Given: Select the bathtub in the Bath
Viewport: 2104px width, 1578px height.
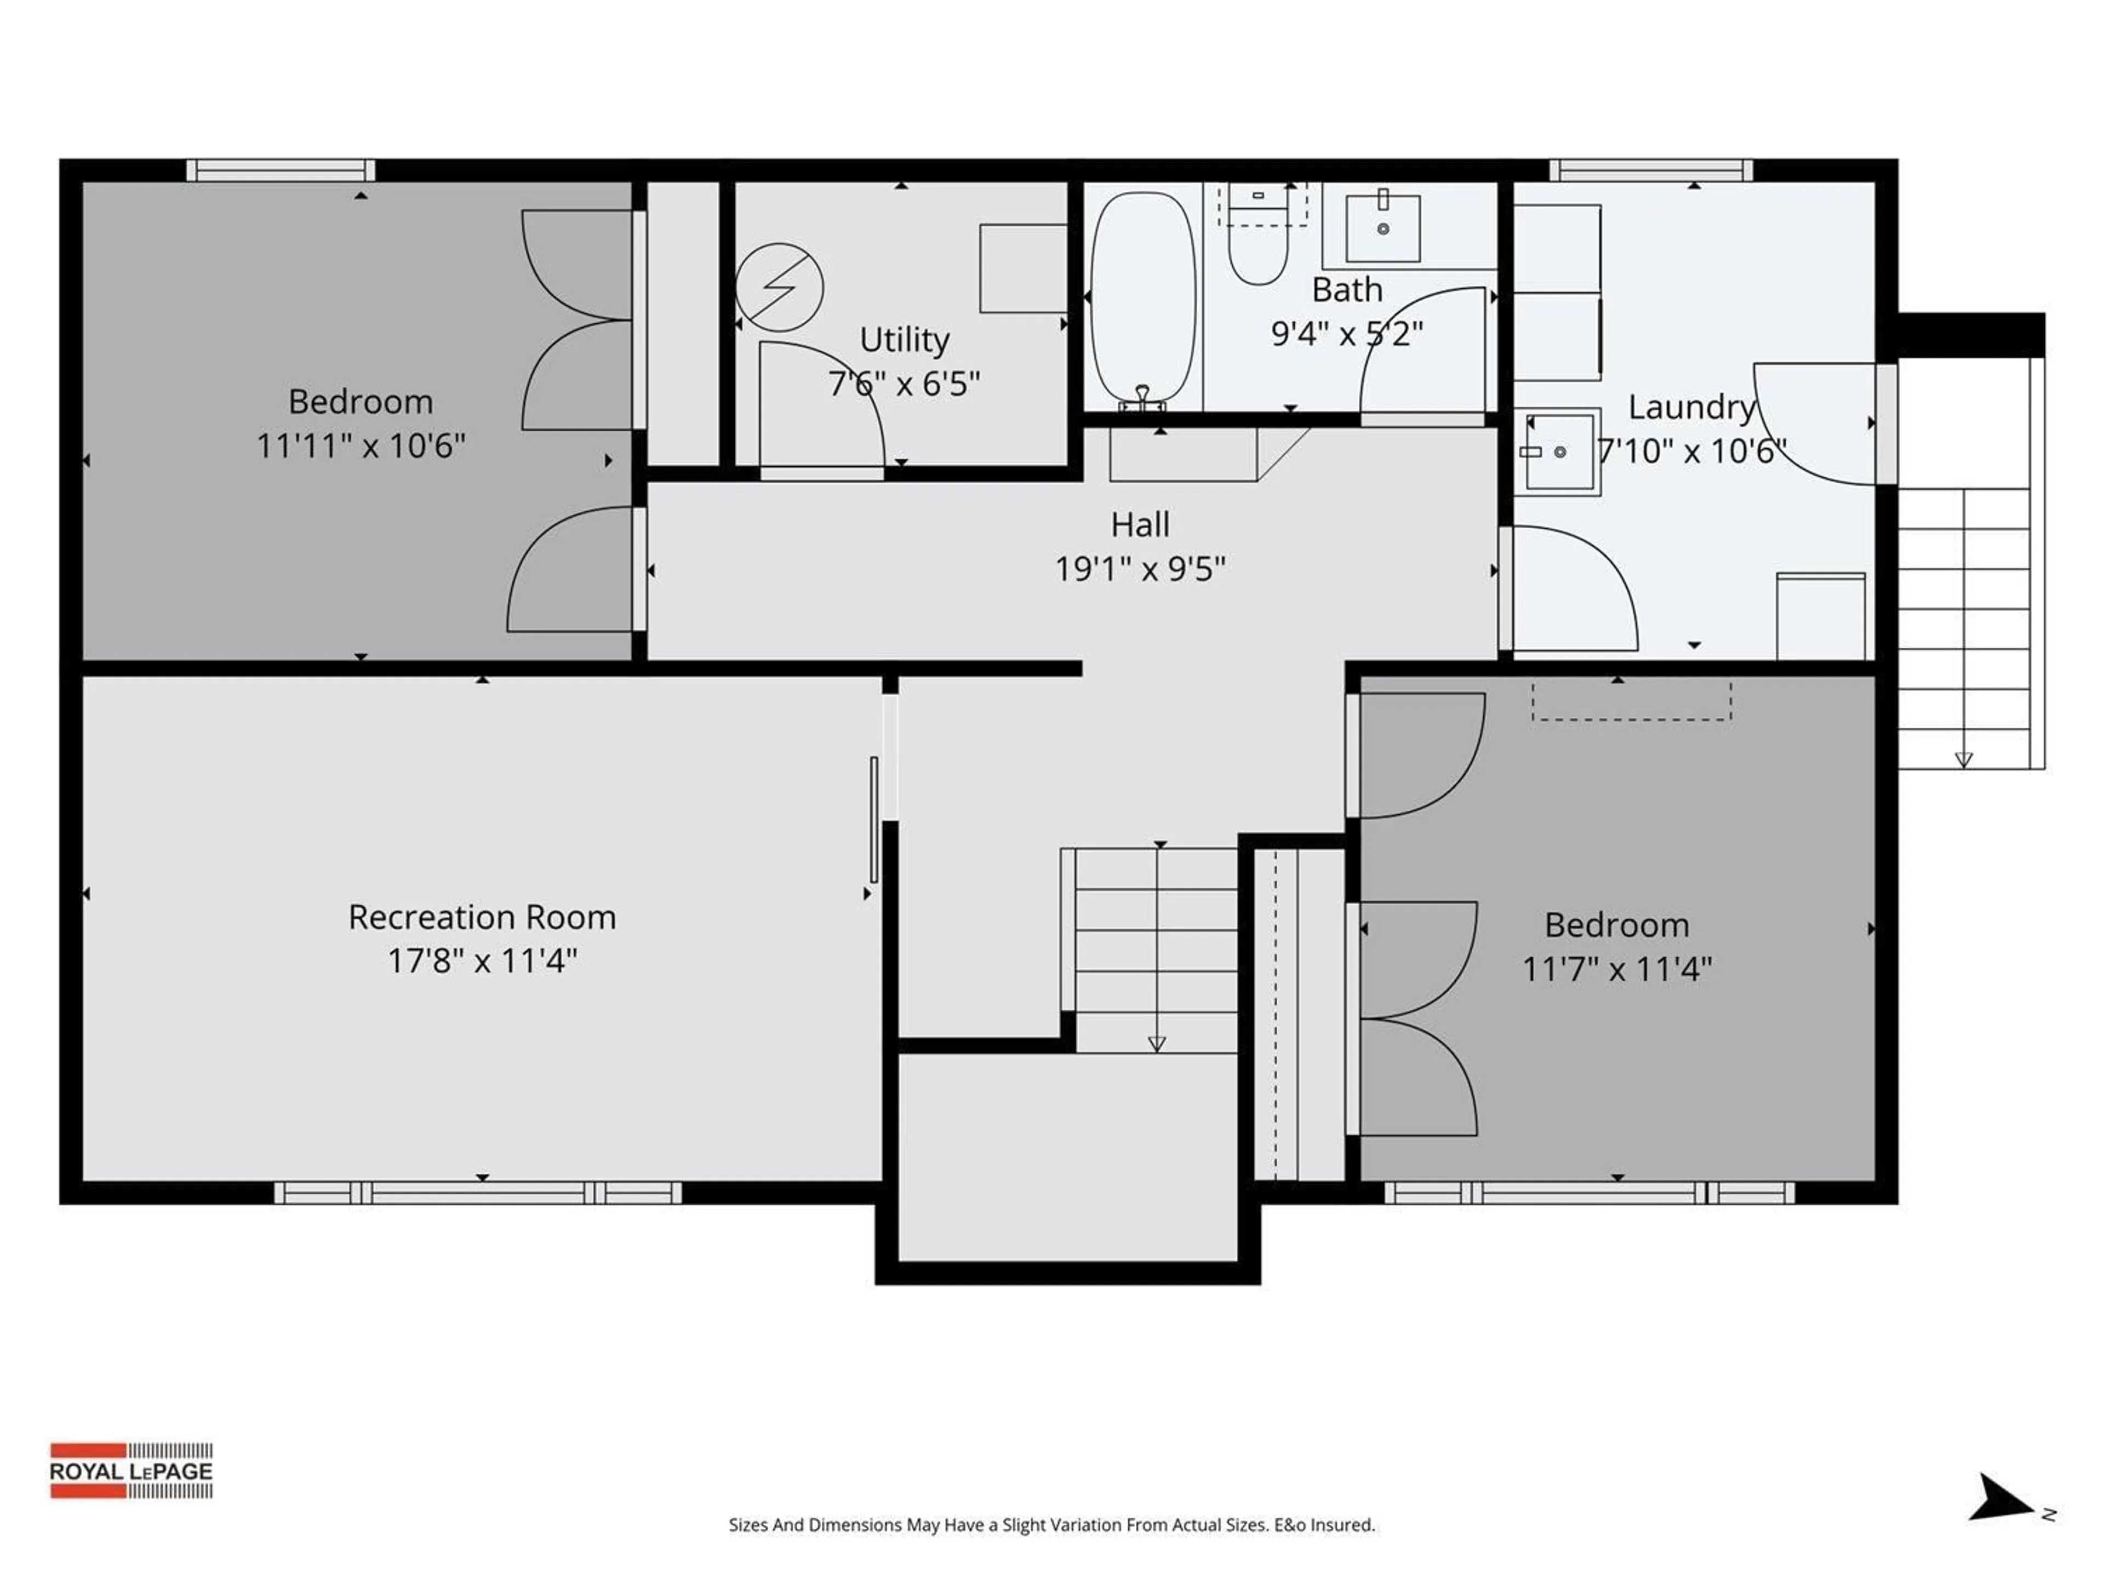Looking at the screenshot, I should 1141,298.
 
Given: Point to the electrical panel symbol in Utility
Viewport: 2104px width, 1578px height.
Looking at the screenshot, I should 779,287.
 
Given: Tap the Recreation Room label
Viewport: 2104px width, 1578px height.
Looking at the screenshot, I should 482,917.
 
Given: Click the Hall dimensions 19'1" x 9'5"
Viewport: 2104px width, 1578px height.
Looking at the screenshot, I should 1140,569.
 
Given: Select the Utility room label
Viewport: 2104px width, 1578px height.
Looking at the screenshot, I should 904,340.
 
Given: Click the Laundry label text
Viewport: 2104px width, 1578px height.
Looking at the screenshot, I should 1690,407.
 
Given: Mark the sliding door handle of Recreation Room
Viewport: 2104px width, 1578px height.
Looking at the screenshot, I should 874,819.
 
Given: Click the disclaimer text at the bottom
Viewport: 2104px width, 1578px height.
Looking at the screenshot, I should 1051,1525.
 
